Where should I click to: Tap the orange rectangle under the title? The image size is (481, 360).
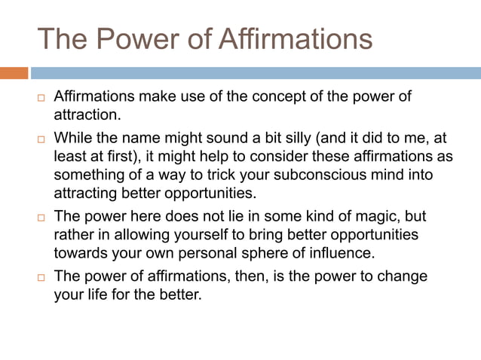click(x=14, y=73)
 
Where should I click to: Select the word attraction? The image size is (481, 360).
click(x=86, y=115)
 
